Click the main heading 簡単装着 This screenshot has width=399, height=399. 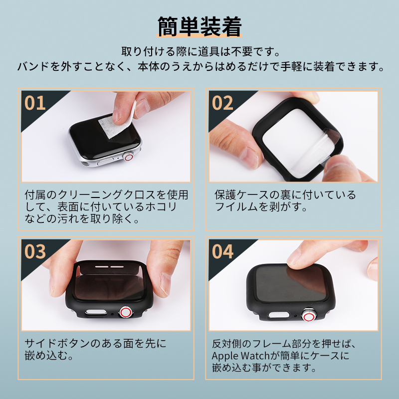point(199,26)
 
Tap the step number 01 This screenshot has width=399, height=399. point(35,103)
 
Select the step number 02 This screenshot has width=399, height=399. point(222,103)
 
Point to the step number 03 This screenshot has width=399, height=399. point(35,251)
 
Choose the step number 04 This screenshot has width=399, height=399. point(222,251)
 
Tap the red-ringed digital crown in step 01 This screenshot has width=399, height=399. point(129,157)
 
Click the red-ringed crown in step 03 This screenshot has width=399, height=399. point(126,312)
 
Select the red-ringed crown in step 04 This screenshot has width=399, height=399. point(308,316)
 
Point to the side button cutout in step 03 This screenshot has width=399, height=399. point(96,313)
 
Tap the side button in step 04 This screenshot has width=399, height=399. point(279,315)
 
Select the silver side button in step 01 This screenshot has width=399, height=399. point(107,163)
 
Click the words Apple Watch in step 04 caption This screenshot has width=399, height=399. point(240,356)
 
